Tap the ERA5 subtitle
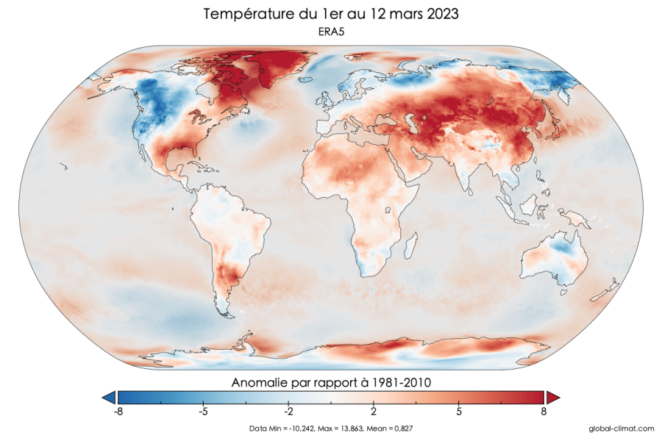[x=330, y=32]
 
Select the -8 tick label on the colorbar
[x=118, y=412]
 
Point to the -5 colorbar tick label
[x=203, y=412]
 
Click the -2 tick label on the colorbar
[x=288, y=412]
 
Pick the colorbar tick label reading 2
[x=374, y=412]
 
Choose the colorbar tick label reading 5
[x=459, y=412]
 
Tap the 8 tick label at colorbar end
[x=544, y=412]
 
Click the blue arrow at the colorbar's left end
[x=109, y=398]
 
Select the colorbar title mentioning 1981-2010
[x=330, y=383]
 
